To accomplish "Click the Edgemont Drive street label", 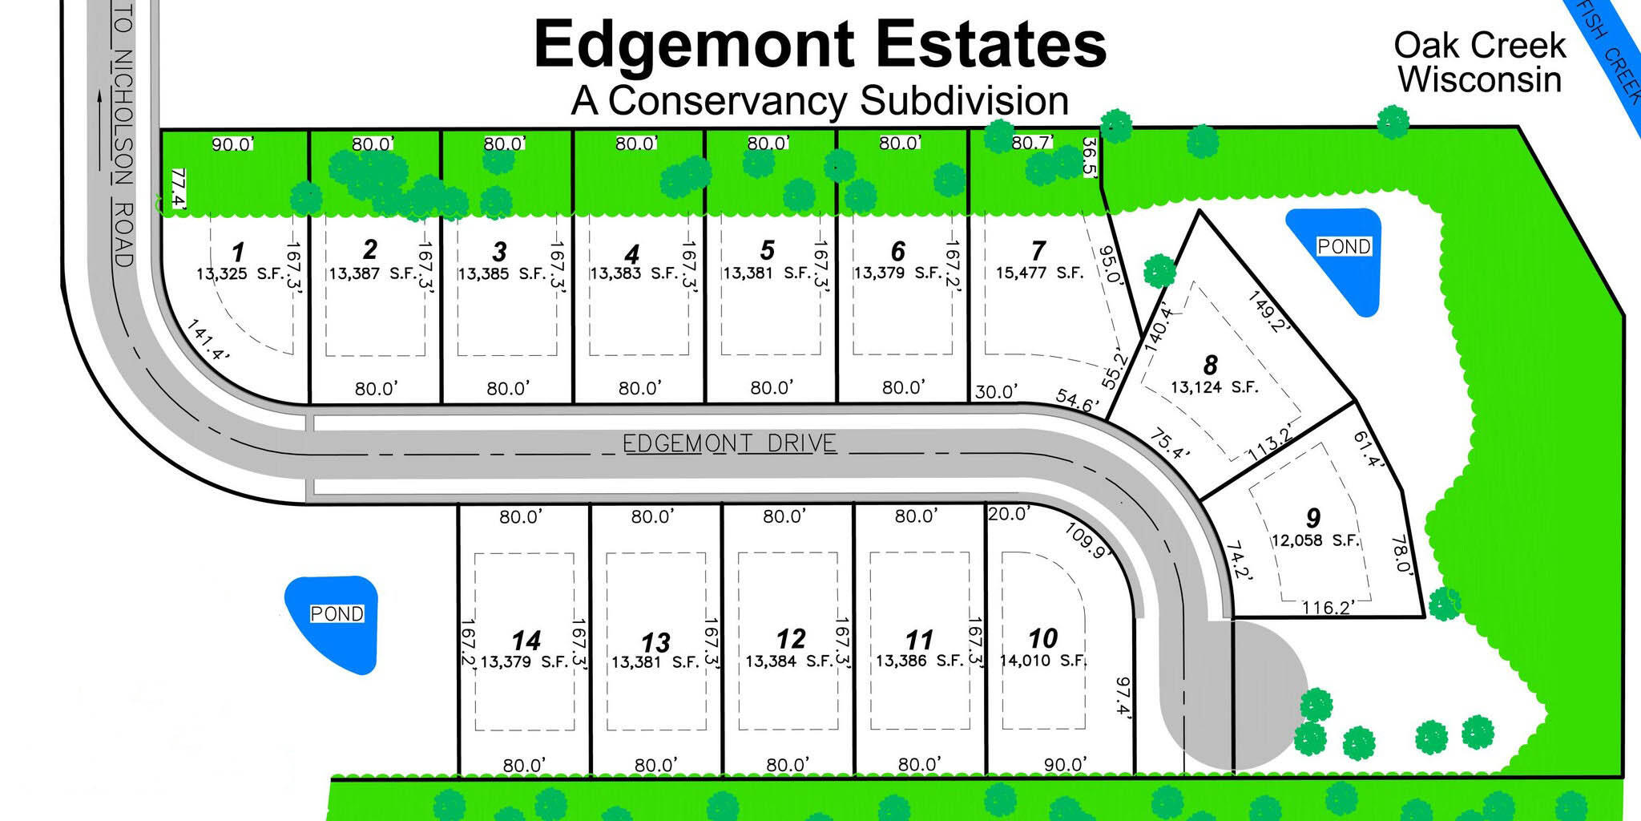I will pos(729,443).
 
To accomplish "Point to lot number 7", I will pos(1038,250).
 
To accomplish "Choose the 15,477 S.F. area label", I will pos(1039,273).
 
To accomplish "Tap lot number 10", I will pos(1042,638).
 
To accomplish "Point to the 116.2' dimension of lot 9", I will pos(1327,608).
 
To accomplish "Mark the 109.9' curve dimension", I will pos(1085,540).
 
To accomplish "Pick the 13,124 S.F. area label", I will pos(1214,387).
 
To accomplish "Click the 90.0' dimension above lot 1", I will pos(232,145).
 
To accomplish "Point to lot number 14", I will pos(526,641).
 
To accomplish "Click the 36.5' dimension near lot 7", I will pos(1091,157).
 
